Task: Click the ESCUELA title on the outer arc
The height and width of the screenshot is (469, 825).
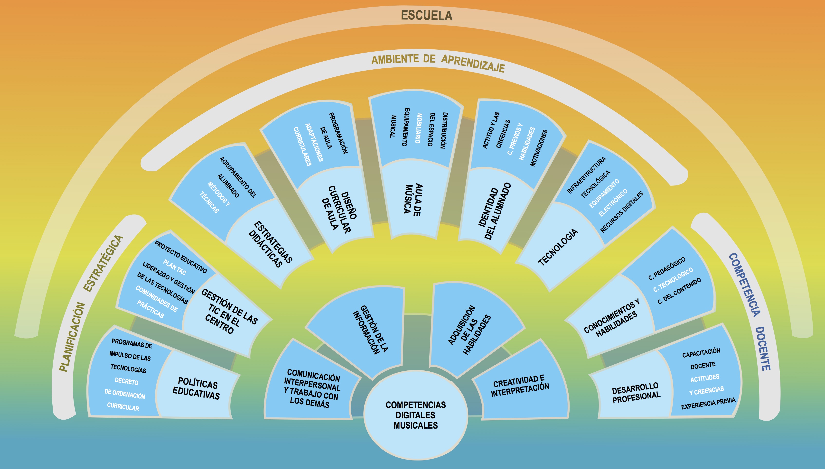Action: [x=426, y=16]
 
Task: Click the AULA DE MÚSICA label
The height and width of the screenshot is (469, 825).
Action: [x=413, y=200]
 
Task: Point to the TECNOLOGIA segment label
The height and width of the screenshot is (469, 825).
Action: [x=558, y=247]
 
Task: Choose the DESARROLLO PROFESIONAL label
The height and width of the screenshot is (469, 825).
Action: [x=636, y=393]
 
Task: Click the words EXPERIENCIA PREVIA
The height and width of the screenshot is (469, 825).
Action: [x=708, y=403]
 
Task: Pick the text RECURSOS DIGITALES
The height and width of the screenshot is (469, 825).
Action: [x=622, y=212]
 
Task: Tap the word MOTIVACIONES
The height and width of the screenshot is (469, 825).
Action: [x=539, y=148]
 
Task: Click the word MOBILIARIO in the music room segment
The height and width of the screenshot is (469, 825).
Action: [x=419, y=128]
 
